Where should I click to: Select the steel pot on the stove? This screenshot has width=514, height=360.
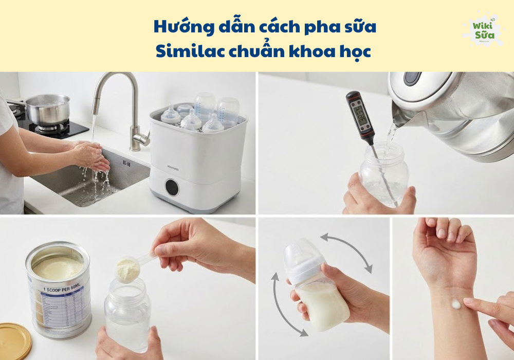(x=47, y=109)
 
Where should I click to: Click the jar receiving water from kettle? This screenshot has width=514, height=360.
(x=383, y=175)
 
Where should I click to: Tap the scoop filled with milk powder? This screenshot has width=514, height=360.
(x=127, y=268)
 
